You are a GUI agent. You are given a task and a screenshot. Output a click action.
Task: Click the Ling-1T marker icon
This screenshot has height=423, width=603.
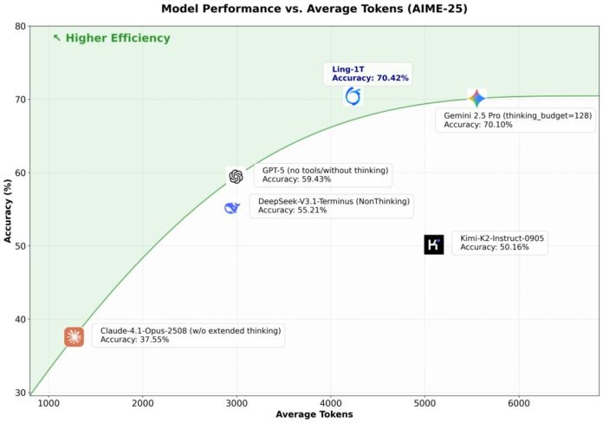tap(352, 96)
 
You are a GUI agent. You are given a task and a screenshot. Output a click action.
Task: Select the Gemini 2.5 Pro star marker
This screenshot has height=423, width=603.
tap(477, 99)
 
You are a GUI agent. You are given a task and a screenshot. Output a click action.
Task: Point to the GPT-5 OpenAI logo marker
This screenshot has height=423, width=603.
tap(236, 177)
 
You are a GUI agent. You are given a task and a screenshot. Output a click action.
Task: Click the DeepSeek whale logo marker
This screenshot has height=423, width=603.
tap(231, 208)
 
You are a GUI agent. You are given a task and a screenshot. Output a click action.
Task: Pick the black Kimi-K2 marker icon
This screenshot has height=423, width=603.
tap(434, 244)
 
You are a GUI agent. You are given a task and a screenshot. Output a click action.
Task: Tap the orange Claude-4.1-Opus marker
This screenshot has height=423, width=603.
tap(75, 337)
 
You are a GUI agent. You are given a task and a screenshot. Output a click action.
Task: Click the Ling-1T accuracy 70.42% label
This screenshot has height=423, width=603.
tap(370, 73)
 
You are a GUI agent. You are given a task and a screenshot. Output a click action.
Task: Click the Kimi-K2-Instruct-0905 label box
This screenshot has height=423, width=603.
tap(502, 242)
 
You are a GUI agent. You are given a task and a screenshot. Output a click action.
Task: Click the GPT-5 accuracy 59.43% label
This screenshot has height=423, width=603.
tap(325, 174)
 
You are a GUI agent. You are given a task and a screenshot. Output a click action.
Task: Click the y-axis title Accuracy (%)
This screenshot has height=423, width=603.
tap(9, 211)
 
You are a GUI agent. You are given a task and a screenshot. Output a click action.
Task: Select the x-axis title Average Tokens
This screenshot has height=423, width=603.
tap(315, 414)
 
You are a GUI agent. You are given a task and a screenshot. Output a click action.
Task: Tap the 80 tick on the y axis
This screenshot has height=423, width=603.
tap(18, 27)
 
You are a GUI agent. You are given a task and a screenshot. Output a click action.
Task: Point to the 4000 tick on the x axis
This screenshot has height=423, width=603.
tap(330, 403)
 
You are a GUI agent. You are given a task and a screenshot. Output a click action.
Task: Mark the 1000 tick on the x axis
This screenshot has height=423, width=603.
tap(49, 403)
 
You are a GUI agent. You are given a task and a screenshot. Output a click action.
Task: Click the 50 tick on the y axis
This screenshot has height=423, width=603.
tap(18, 246)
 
